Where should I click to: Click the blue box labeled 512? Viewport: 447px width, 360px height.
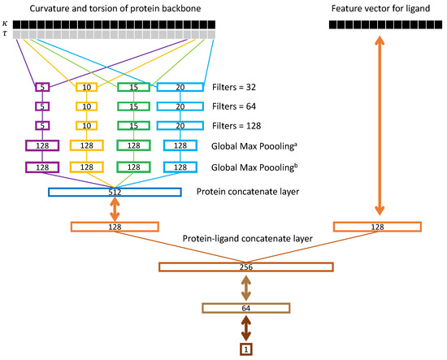(x=115, y=193)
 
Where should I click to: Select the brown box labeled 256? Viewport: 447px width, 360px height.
(x=245, y=267)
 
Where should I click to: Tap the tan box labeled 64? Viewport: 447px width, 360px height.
(x=245, y=308)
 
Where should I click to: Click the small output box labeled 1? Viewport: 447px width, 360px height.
(x=245, y=349)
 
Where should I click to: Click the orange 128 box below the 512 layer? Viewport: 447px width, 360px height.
(x=115, y=227)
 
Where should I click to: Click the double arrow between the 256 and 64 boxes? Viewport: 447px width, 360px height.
(x=245, y=288)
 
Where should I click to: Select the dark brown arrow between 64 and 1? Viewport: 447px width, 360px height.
(x=245, y=329)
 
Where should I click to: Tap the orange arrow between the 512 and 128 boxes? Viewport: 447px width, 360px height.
(x=115, y=210)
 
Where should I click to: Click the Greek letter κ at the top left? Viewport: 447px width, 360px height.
(x=7, y=24)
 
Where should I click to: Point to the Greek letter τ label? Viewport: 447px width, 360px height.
(x=7, y=36)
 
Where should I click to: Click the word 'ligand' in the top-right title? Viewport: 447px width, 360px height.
(x=407, y=7)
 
